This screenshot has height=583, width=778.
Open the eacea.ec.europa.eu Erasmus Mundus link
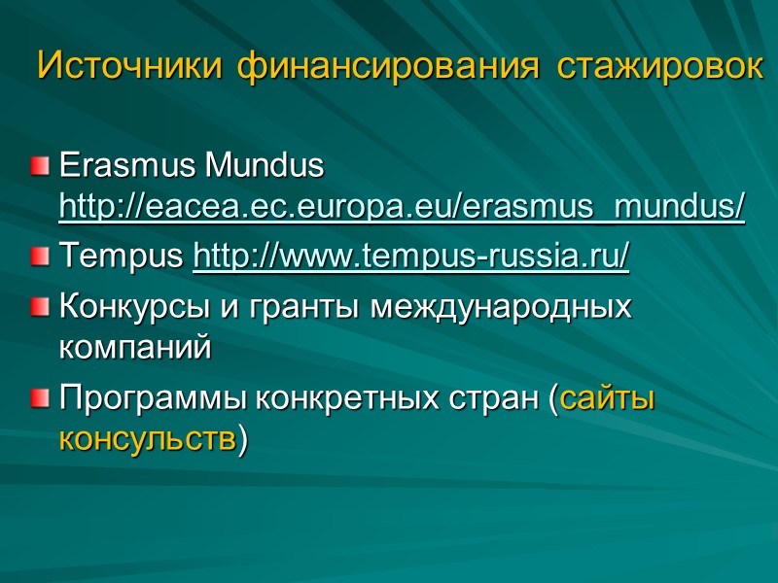coord(402,207)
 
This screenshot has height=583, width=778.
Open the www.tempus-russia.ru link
coord(411,257)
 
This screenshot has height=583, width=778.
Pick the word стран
coord(495,398)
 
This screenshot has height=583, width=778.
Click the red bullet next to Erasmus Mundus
coord(38,167)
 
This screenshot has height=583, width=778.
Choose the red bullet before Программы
coord(38,399)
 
